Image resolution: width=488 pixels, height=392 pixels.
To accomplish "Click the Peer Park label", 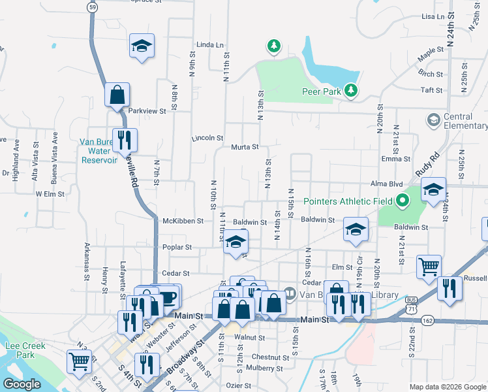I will (x=322, y=92).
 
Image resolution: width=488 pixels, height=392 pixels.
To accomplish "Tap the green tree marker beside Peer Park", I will (x=352, y=90).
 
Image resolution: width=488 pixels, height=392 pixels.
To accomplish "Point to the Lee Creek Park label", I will (x=17, y=350).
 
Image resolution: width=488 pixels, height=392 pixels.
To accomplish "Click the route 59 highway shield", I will (x=94, y=6).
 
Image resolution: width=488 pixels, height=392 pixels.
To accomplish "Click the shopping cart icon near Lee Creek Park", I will (x=79, y=360).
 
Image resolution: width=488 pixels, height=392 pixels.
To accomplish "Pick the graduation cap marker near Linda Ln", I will (x=142, y=46).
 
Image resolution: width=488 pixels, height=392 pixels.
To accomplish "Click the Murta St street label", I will (x=245, y=146).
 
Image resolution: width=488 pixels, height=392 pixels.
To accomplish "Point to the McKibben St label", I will (x=183, y=221).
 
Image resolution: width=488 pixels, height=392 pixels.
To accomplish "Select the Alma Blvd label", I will (x=387, y=185).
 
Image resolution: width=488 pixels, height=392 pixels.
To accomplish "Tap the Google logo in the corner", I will (x=22, y=384).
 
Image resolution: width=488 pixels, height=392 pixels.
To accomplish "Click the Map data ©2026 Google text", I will (x=447, y=387).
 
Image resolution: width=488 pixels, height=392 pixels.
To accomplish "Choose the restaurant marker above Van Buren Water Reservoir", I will (x=124, y=140).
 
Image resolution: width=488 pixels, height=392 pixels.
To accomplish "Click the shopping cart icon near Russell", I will (x=429, y=266).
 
